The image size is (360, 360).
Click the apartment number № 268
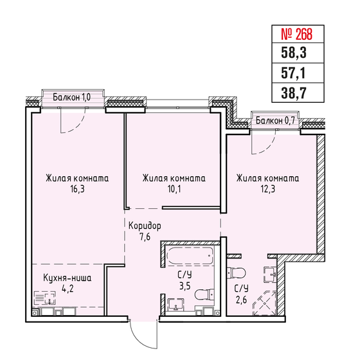296,34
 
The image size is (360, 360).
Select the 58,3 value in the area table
294,53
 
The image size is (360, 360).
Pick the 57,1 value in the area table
293,73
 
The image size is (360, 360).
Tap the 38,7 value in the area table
294,93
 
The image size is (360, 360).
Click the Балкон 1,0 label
71,97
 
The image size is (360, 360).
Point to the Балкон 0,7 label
275,120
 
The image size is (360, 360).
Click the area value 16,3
77,189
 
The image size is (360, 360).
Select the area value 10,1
174,189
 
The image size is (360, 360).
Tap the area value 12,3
268,189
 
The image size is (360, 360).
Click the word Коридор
145,226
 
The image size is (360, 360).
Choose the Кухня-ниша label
67,278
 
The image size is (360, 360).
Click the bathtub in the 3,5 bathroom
190,256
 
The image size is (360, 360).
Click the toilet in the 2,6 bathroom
236,273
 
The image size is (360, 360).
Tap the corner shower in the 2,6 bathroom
264,303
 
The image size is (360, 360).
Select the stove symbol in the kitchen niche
45,298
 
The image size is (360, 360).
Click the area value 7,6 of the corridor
145,237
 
